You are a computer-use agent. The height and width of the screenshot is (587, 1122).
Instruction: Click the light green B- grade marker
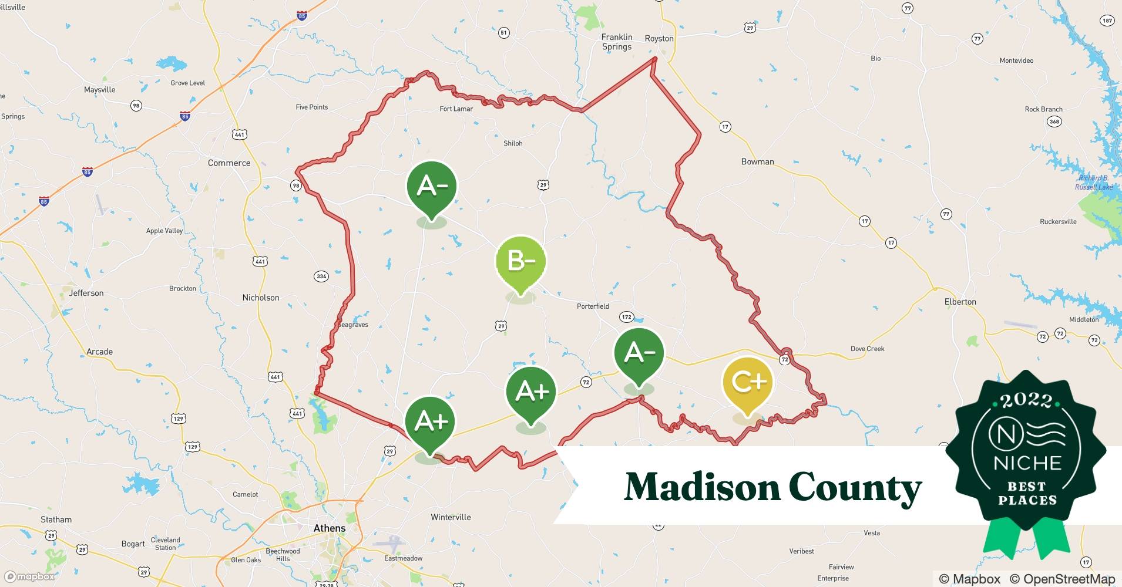pos(521,261)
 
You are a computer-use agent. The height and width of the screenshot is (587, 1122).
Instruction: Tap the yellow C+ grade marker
pos(748,382)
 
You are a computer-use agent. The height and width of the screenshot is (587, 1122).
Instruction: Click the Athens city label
pos(329,528)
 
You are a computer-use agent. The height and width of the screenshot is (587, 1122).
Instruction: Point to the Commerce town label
pos(229,163)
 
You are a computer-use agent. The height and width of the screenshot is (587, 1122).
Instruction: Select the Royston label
pos(659,39)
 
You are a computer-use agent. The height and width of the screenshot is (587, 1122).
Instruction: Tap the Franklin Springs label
pos(617,42)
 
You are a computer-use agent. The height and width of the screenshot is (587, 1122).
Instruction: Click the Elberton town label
pos(960,302)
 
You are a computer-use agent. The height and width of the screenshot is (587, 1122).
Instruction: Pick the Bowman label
pos(757,162)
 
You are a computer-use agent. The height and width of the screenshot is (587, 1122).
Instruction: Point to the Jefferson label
pos(86,293)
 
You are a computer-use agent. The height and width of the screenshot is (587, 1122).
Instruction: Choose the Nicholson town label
pos(261,298)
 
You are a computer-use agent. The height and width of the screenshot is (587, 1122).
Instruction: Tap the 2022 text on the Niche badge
pos(1027,401)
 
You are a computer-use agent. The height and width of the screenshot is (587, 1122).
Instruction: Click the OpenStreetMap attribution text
pos(1062,579)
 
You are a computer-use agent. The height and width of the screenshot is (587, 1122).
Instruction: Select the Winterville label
pos(451,517)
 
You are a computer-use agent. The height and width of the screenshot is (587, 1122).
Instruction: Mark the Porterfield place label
pos(593,306)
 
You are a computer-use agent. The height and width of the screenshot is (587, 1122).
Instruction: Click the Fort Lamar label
pos(456,109)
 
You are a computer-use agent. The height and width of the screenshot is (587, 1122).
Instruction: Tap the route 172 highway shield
pos(627,317)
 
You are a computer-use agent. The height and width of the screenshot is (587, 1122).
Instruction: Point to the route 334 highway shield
pos(321,276)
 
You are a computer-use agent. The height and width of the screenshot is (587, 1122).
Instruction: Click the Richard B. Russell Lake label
pos(1094,183)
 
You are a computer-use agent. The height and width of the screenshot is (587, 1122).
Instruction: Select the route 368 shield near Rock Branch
pos(1054,122)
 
